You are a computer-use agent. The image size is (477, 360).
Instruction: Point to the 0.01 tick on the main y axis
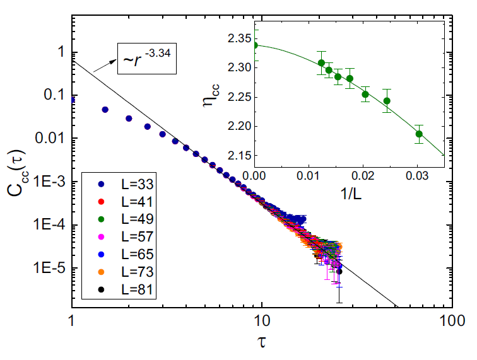click(53, 139)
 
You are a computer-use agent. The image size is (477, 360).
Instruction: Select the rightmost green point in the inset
click(420, 134)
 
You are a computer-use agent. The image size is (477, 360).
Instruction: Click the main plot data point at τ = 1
click(73, 100)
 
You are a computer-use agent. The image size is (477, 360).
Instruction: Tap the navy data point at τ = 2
click(129, 119)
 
